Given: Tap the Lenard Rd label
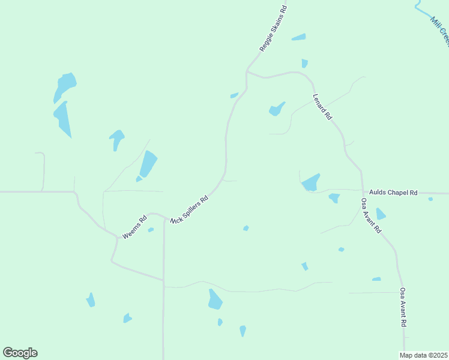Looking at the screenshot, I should pyautogui.click(x=322, y=107).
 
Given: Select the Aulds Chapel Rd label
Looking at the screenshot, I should pyautogui.click(x=393, y=192).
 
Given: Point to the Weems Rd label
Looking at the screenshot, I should pyautogui.click(x=134, y=228).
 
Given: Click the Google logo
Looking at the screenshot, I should pyautogui.click(x=20, y=352).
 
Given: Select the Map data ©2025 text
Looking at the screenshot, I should pyautogui.click(x=423, y=355).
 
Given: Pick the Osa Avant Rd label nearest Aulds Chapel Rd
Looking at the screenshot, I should pyautogui.click(x=371, y=215).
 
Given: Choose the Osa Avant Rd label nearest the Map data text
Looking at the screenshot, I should pyautogui.click(x=404, y=307).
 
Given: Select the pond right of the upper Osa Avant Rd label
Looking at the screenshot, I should pyautogui.click(x=380, y=214).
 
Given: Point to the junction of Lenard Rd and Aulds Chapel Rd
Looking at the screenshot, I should pyautogui.click(x=362, y=193).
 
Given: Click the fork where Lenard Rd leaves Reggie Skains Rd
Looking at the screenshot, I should pyautogui.click(x=247, y=73).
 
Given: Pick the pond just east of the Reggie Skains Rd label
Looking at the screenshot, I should pyautogui.click(x=298, y=37).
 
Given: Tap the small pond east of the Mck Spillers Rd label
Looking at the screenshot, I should pyautogui.click(x=246, y=228).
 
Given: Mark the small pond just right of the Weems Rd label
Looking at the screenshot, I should pyautogui.click(x=151, y=230).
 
